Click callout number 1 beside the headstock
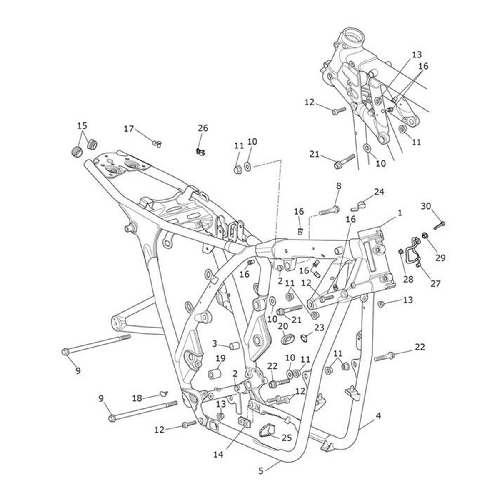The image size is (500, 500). [x=400, y=213]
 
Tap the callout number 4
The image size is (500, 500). [x=378, y=415]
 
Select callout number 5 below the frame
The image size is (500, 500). [x=261, y=471]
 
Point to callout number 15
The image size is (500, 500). [x=82, y=125]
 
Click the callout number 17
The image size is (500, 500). [x=129, y=129]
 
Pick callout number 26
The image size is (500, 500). [x=202, y=128]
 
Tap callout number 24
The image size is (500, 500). [x=379, y=192]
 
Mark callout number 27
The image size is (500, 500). [x=435, y=283]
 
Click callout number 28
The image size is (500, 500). [x=408, y=279]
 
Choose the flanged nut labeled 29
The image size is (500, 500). [x=426, y=236]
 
